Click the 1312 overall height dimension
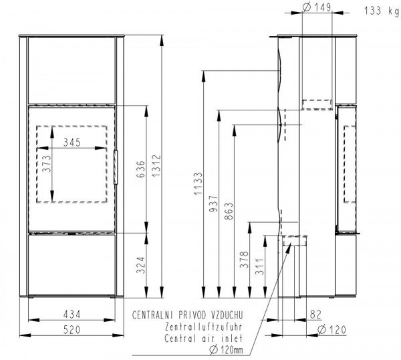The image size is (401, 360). click(x=156, y=166)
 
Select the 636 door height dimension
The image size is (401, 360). click(x=141, y=169)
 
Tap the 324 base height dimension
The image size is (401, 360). click(x=141, y=265)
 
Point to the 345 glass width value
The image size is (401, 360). click(x=72, y=143)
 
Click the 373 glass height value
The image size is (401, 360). click(x=47, y=164)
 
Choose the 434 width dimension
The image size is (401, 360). click(x=72, y=314)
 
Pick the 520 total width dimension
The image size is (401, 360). click(x=72, y=330)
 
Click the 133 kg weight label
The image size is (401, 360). click(x=382, y=11)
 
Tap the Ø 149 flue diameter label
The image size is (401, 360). click(x=317, y=7)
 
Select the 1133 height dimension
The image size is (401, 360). click(x=198, y=183)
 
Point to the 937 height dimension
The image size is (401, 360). click(x=214, y=203)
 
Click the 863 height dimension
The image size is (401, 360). click(x=229, y=211)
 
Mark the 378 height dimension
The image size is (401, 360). click(x=244, y=260)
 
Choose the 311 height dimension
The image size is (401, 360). click(x=259, y=266)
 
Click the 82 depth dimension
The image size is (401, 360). click(x=315, y=314)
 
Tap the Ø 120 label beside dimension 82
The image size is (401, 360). click(x=331, y=330)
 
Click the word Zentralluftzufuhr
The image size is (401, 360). click(x=203, y=327)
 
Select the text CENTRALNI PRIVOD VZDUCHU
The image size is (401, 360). click(x=187, y=315)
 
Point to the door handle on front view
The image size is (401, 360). click(x=116, y=167)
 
